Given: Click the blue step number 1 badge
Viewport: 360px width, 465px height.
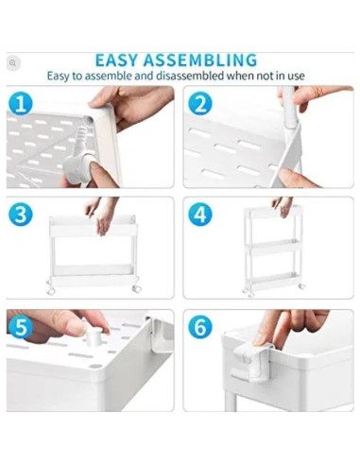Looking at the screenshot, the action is pyautogui.click(x=20, y=104).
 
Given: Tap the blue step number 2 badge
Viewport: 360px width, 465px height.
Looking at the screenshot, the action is pyautogui.click(x=200, y=104).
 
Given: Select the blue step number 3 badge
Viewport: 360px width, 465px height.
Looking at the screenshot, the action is pyautogui.click(x=20, y=215).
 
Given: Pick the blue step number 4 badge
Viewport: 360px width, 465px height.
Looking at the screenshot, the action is pyautogui.click(x=200, y=215).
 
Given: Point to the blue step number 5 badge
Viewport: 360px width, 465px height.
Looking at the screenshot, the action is pyautogui.click(x=20, y=327).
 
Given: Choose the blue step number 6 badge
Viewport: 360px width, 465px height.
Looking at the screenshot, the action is pyautogui.click(x=200, y=327).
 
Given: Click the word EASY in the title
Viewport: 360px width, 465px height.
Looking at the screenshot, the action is pyautogui.click(x=116, y=60).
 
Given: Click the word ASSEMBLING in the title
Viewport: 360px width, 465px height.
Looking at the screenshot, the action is pyautogui.click(x=200, y=60).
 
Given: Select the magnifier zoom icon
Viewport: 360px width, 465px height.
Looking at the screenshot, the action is pyautogui.click(x=12, y=63).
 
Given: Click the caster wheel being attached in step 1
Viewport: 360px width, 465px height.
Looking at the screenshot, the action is pyautogui.click(x=78, y=164).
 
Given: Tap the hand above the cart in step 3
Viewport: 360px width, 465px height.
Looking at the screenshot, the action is pyautogui.click(x=101, y=215).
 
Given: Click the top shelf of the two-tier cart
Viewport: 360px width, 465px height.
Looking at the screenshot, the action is pyautogui.click(x=94, y=226).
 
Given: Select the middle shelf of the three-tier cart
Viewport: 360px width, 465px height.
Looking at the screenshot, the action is pyautogui.click(x=273, y=248).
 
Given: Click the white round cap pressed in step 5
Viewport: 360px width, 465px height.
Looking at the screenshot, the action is pyautogui.click(x=94, y=336).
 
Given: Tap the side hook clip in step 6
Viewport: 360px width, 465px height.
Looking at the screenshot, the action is pyautogui.click(x=252, y=362).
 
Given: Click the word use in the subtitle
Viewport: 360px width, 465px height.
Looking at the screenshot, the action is pyautogui.click(x=298, y=76).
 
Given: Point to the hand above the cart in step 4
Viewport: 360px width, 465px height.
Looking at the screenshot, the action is pyautogui.click(x=283, y=207).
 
